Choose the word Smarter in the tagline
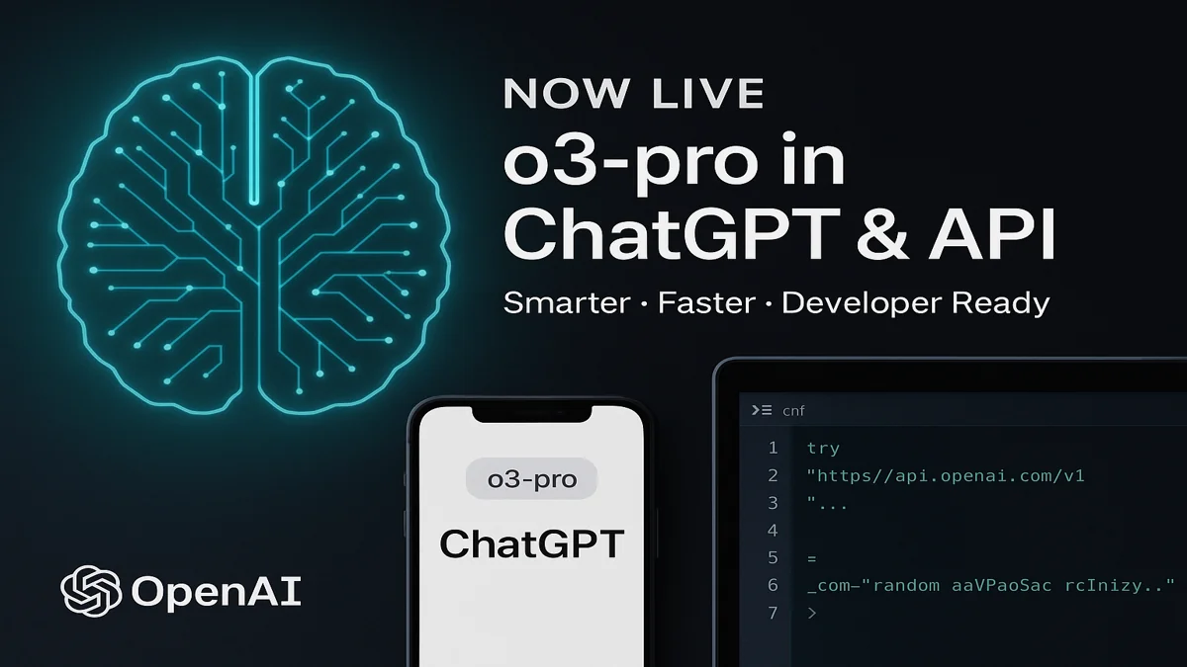click(566, 301)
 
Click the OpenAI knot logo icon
click(91, 591)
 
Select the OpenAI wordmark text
click(216, 592)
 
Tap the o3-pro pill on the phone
click(532, 481)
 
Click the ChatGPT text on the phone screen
click(531, 544)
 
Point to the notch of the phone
click(530, 414)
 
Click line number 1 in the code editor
click(773, 449)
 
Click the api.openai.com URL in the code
click(946, 476)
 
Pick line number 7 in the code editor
click(773, 614)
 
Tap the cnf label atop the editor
click(793, 410)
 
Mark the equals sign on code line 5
click(811, 559)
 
